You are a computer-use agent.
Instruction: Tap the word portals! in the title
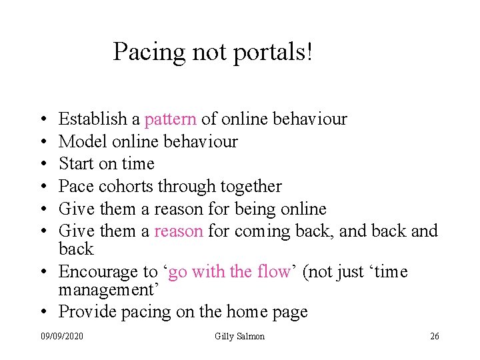[272, 52]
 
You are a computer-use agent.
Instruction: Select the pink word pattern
[171, 119]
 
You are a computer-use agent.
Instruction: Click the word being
[255, 209]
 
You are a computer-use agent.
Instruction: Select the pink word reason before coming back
[179, 231]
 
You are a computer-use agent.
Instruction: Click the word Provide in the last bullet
[84, 312]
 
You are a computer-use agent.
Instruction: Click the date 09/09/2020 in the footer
[61, 336]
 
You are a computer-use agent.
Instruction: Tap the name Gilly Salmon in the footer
[239, 336]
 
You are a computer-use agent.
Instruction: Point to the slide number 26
[434, 336]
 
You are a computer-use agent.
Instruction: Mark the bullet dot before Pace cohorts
[43, 187]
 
